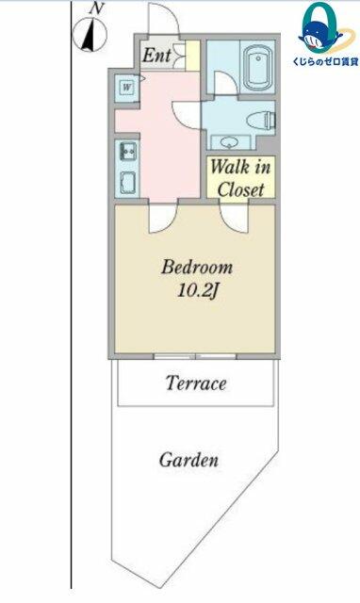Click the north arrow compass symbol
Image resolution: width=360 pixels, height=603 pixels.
pyautogui.click(x=90, y=35)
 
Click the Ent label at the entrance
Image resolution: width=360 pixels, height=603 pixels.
pyautogui.click(x=156, y=56)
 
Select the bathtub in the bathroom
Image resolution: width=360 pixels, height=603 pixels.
pyautogui.click(x=257, y=67)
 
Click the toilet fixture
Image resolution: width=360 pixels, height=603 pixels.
pyautogui.click(x=261, y=121)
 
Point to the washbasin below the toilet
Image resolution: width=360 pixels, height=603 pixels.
pyautogui.click(x=230, y=142)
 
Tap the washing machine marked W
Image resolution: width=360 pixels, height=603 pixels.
pyautogui.click(x=127, y=88)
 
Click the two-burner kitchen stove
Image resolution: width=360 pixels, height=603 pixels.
pyautogui.click(x=127, y=152)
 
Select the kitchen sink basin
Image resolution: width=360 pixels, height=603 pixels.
pyautogui.click(x=128, y=183)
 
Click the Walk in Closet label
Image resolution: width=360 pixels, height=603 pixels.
pyautogui.click(x=240, y=178)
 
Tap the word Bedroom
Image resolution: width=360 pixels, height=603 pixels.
pyautogui.click(x=197, y=267)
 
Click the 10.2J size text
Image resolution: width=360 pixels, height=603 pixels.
pyautogui.click(x=197, y=291)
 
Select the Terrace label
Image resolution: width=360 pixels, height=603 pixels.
pyautogui.click(x=196, y=383)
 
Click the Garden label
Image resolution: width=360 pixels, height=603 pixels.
pyautogui.click(x=188, y=460)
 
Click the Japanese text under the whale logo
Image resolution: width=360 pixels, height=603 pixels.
pyautogui.click(x=326, y=61)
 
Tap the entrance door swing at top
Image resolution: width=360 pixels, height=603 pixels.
pyautogui.click(x=164, y=19)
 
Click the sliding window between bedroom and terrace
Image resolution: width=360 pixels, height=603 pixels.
pyautogui.click(x=195, y=356)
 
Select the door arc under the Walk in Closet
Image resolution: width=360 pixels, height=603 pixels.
pyautogui.click(x=234, y=218)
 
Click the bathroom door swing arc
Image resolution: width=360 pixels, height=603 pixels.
pyautogui.click(x=226, y=83)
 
